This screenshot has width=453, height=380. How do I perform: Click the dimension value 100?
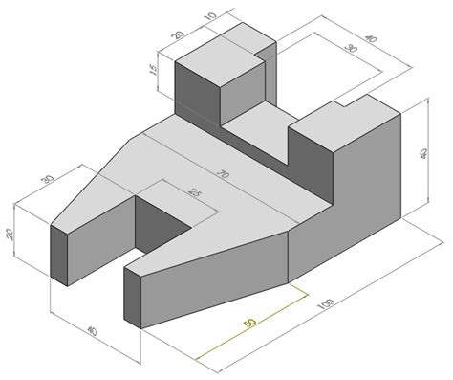point(327,304)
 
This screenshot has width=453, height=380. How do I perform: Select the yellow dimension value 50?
point(249,323)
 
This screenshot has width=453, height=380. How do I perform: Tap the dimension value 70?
point(224,174)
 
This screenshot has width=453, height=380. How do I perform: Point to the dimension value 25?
point(194,192)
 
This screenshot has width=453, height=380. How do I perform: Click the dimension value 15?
point(153,69)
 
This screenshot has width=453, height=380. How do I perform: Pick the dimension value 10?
point(210,15)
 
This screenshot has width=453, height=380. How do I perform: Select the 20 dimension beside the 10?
point(178,34)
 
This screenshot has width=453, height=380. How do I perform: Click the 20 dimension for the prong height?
point(11,235)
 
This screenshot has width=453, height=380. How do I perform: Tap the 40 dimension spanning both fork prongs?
point(92,332)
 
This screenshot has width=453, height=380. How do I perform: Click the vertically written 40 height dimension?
point(423,154)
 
